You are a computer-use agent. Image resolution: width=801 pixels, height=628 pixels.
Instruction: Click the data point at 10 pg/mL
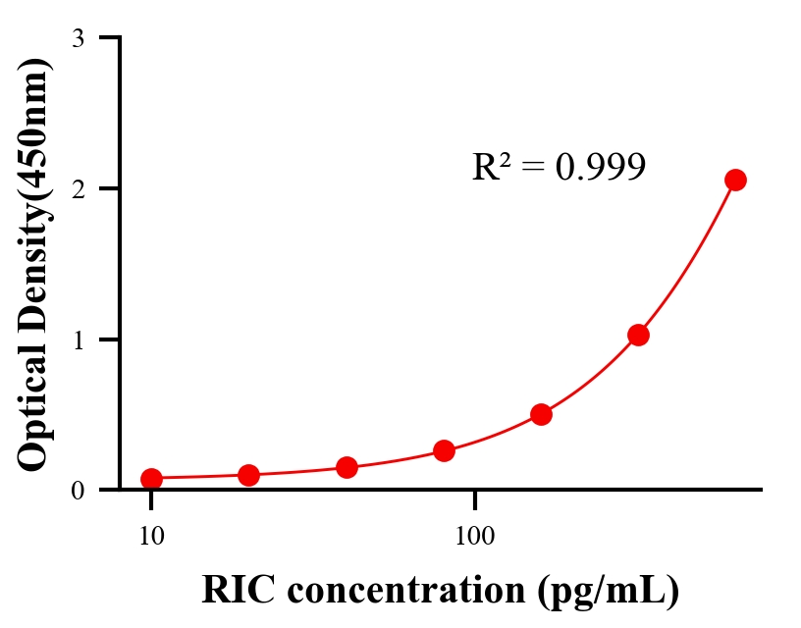click(x=151, y=479)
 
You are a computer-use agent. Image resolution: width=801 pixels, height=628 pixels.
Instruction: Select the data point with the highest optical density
click(x=735, y=180)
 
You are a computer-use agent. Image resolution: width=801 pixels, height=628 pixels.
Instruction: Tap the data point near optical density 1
click(x=638, y=335)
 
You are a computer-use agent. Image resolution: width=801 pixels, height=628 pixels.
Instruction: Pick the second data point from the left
click(x=248, y=475)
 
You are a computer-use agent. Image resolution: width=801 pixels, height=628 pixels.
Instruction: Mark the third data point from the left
click(x=347, y=467)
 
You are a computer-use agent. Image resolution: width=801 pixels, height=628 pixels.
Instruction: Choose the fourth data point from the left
click(x=444, y=450)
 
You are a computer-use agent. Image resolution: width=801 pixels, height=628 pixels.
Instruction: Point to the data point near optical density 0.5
click(x=541, y=414)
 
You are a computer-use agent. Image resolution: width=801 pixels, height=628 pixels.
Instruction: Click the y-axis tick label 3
click(x=78, y=38)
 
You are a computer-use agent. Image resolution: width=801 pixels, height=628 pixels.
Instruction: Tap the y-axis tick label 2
click(x=78, y=188)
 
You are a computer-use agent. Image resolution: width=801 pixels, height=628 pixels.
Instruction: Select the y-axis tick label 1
click(x=78, y=340)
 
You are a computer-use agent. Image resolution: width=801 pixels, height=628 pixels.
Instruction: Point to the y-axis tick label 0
click(x=78, y=490)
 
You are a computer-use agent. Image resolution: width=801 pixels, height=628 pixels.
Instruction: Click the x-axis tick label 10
click(x=151, y=536)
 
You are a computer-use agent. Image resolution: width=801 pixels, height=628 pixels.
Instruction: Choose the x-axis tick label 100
click(x=475, y=536)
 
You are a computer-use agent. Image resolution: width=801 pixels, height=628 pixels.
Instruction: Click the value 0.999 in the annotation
click(x=600, y=168)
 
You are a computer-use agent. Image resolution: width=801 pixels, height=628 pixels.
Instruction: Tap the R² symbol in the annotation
click(x=492, y=167)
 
